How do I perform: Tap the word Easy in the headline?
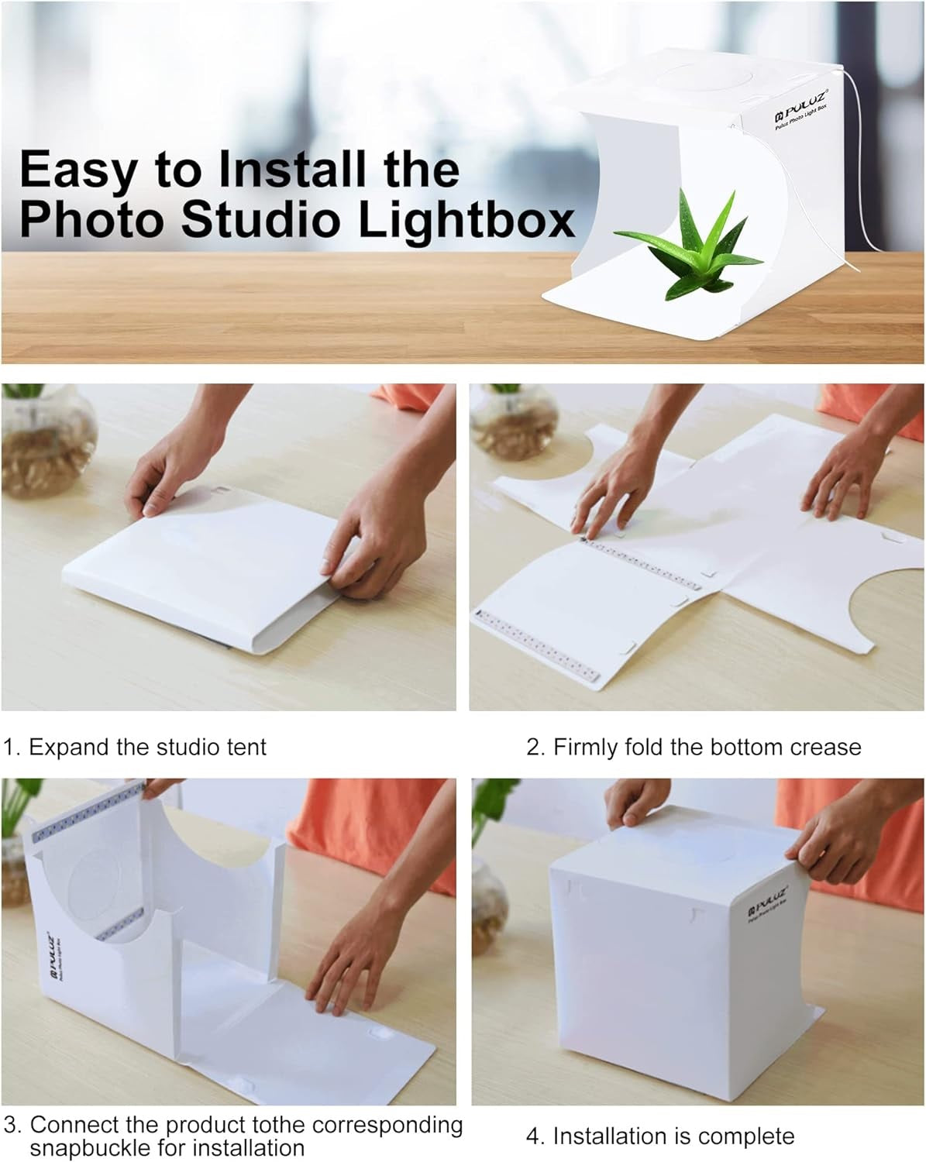(x=76, y=169)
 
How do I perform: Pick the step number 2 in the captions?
(x=534, y=748)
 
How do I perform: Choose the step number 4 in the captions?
(x=534, y=1136)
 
